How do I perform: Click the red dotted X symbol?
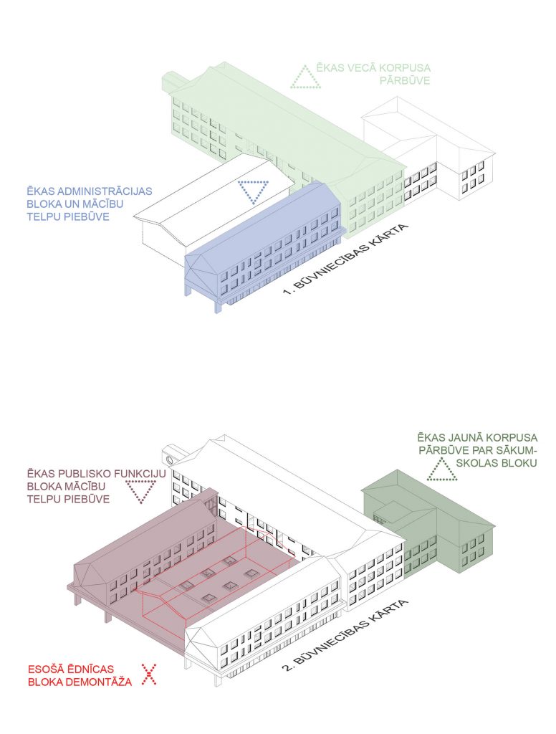pyautogui.click(x=149, y=675)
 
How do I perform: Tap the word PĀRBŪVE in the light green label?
pyautogui.click(x=404, y=80)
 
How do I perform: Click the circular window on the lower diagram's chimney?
pyautogui.click(x=169, y=459)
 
